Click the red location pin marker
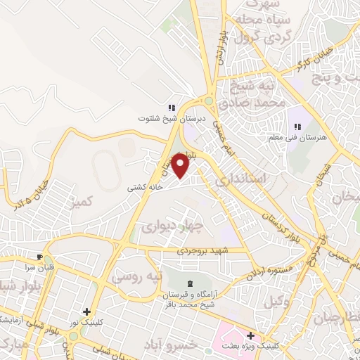(181, 166)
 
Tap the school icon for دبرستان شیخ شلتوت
(170, 108)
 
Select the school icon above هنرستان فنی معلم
(297, 127)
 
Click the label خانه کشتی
(145, 188)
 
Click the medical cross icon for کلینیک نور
(86, 311)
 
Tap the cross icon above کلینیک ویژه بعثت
(250, 336)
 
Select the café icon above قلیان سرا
(40, 257)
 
